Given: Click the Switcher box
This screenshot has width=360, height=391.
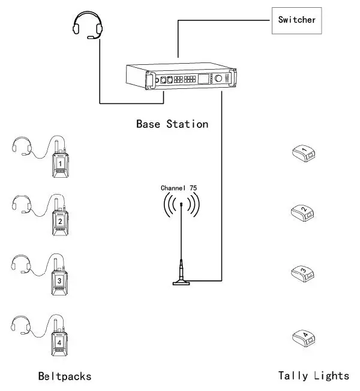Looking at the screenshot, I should point(297,20).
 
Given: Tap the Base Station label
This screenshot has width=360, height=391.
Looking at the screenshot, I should point(172,124).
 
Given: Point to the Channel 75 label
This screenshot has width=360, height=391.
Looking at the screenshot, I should point(179,188).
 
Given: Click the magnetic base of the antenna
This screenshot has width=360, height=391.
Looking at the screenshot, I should point(181,281).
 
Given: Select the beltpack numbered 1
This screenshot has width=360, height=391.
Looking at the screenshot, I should point(61,163).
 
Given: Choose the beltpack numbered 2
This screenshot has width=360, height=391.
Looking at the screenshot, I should point(61,220).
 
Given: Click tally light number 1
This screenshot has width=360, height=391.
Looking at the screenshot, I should point(304,154).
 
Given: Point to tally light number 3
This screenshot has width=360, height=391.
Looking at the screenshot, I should point(304,274).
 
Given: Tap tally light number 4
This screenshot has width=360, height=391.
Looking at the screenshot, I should point(304,338).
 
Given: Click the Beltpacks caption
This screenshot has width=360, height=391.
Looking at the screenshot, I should point(65,377).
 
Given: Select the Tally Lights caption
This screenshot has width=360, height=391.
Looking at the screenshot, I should point(313,376).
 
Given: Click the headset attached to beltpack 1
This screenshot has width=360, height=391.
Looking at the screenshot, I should point(22,146).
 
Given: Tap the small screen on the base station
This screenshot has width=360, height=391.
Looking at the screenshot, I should point(204,79).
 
